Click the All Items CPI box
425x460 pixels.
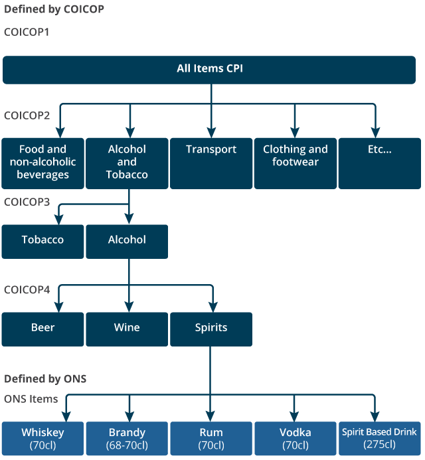(211, 70)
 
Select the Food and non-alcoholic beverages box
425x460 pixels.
(43, 163)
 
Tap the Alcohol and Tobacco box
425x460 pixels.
(127, 163)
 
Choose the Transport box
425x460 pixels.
(211, 163)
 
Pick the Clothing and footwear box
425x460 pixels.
(296, 163)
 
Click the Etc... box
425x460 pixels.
(379, 163)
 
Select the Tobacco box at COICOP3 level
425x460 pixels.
(43, 241)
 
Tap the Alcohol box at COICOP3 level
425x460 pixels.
(127, 241)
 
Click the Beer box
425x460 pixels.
(43, 329)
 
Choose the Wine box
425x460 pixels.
(127, 329)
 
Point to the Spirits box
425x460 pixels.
(211, 329)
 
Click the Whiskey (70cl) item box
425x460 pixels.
(43, 438)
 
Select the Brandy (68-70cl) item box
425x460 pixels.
(127, 438)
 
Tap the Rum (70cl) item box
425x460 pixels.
(211, 438)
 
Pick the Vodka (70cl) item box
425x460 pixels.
(296, 438)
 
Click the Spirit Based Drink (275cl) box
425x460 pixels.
(379, 438)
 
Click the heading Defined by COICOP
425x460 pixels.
(54, 10)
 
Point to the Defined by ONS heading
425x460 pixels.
(45, 379)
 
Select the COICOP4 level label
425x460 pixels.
(27, 289)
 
